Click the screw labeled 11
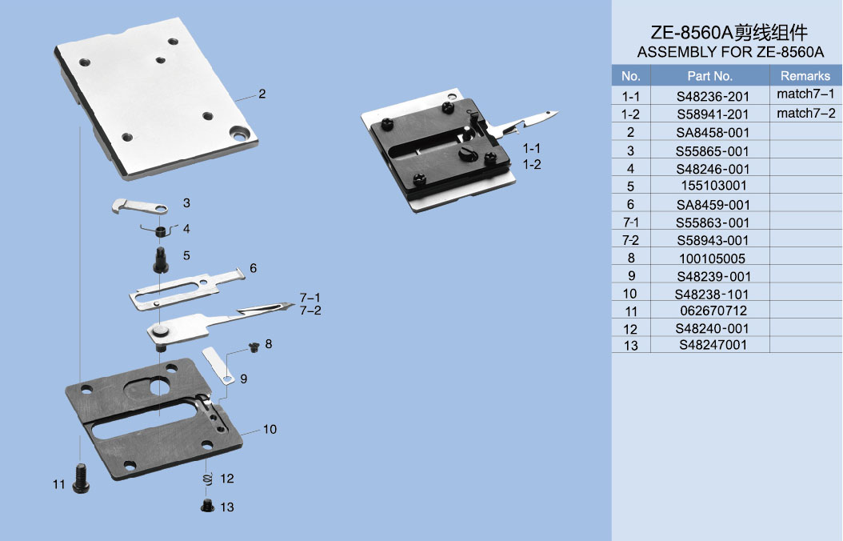(x=82, y=479)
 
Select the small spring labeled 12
(x=207, y=479)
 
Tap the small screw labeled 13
(x=207, y=506)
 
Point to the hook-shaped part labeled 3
(x=139, y=206)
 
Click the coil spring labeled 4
(x=160, y=230)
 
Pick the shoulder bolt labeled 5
(x=161, y=260)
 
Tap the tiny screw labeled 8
(x=254, y=347)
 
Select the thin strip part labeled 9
(x=218, y=366)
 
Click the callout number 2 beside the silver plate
(x=262, y=94)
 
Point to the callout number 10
(x=270, y=429)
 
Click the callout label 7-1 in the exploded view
(x=310, y=298)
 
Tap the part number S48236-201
(x=713, y=97)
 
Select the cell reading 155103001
(x=713, y=186)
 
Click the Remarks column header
(x=805, y=76)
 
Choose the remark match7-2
(x=806, y=114)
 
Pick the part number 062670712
(x=713, y=311)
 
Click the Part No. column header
(x=709, y=76)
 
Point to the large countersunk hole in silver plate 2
(x=238, y=132)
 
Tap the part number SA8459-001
(x=713, y=205)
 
